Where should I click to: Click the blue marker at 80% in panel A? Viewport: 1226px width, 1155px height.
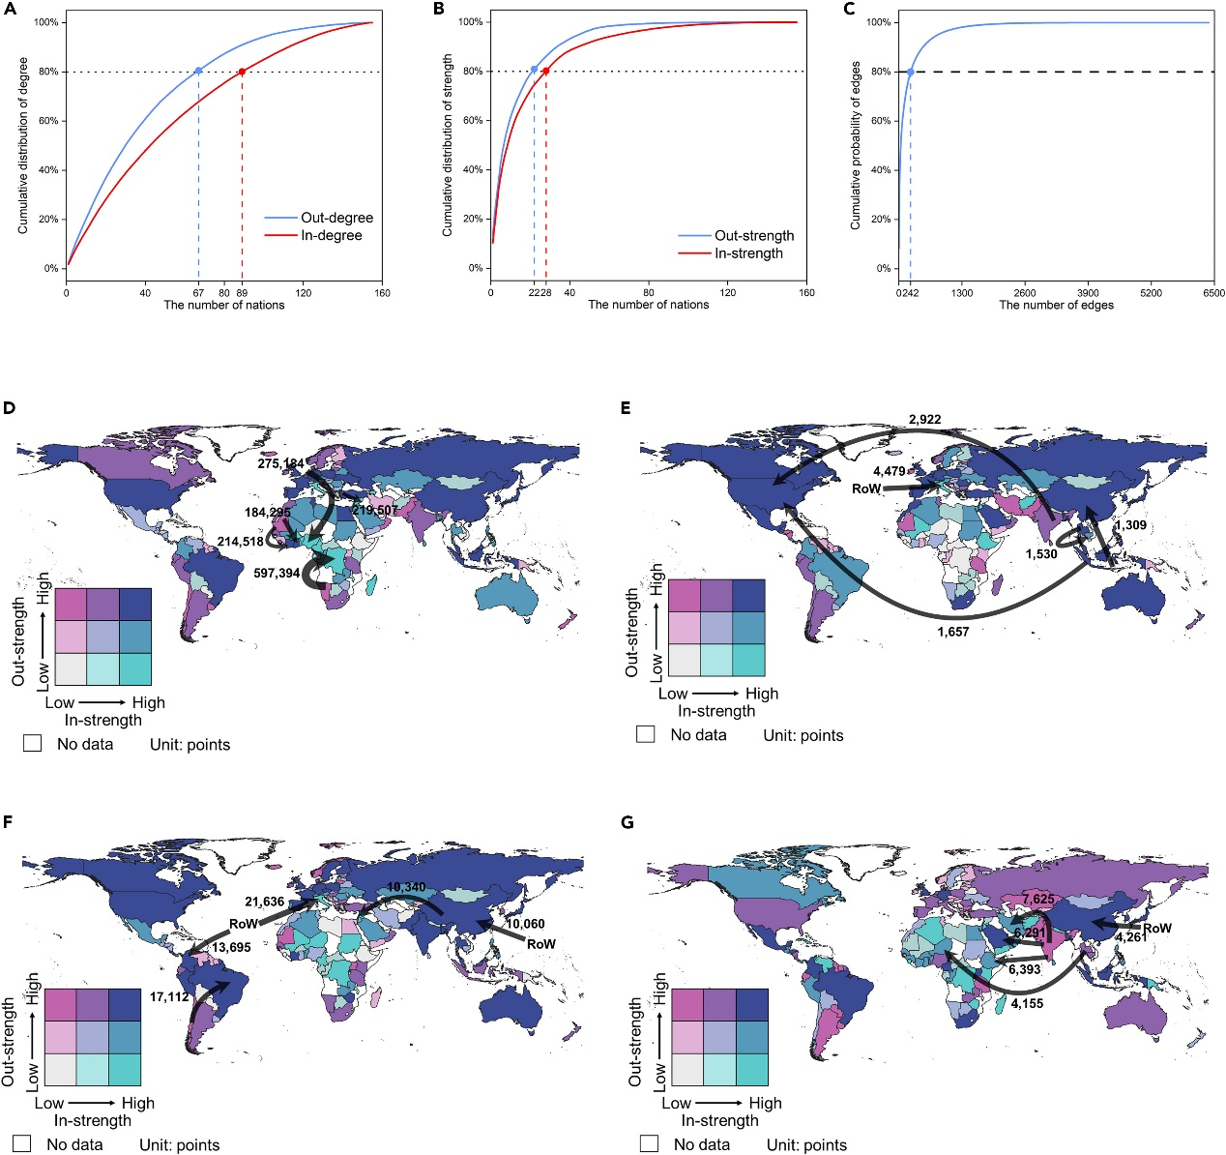click(x=198, y=71)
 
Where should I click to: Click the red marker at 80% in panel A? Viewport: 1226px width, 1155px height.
click(x=242, y=71)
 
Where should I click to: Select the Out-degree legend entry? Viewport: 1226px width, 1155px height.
click(x=336, y=218)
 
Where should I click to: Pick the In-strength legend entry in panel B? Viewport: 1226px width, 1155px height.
click(x=748, y=253)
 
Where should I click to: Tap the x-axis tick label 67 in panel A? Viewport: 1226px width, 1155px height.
click(x=197, y=293)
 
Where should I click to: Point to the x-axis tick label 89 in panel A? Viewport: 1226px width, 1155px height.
click(x=242, y=293)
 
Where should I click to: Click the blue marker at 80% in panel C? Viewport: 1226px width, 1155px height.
click(x=910, y=72)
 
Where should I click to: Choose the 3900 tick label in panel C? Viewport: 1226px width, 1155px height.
click(x=1088, y=293)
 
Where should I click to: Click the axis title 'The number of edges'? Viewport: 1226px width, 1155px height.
click(x=1056, y=306)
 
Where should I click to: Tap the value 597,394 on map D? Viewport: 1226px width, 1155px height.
click(x=277, y=574)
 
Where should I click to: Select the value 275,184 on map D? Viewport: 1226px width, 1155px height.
click(x=280, y=463)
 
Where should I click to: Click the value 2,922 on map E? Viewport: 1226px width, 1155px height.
click(x=924, y=420)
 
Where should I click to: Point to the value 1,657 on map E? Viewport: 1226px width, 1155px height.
click(x=952, y=632)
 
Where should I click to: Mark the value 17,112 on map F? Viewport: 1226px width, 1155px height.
click(x=169, y=996)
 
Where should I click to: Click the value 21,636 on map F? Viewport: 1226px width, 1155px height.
click(x=264, y=902)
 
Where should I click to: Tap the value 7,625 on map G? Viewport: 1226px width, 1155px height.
click(x=1038, y=900)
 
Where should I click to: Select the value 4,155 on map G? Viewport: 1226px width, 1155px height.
click(x=1027, y=1004)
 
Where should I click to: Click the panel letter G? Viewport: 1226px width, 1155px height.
click(x=628, y=822)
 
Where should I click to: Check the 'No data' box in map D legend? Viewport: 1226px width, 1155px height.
click(x=33, y=744)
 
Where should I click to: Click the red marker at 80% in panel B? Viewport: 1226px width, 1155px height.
click(x=546, y=71)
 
